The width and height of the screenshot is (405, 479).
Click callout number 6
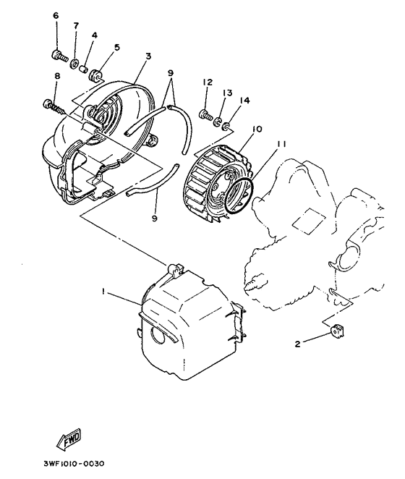point(56,16)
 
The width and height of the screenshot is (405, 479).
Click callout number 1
point(104,291)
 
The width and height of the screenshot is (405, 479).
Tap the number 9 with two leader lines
point(170,72)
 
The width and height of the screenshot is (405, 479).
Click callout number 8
point(56,76)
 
